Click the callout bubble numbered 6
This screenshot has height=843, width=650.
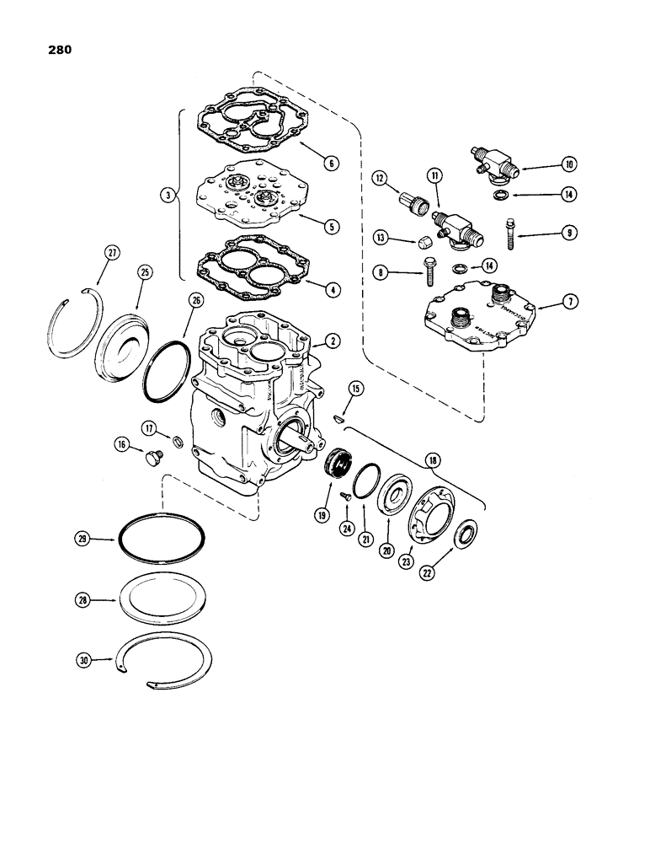334,163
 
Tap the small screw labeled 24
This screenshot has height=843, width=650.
346,499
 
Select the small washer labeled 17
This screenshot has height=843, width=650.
178,442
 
